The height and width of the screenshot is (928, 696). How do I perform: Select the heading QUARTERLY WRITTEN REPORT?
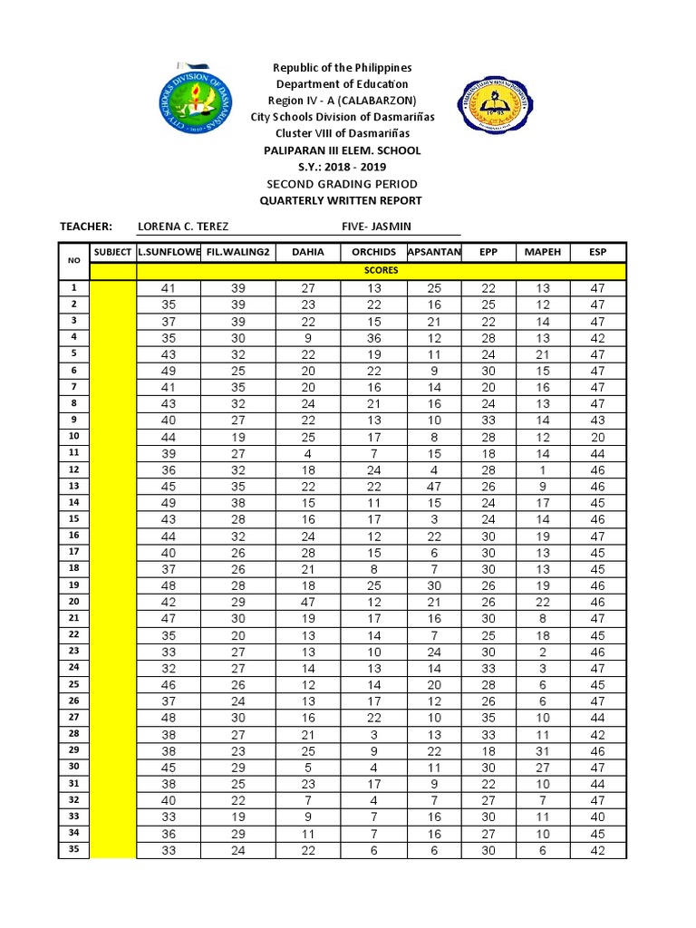coord(342,200)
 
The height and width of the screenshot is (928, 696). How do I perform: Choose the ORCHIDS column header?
coord(373,252)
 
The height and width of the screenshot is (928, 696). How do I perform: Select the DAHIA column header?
coord(307,252)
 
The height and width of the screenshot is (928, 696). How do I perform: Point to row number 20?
coord(73,601)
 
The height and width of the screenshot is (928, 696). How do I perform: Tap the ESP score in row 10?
coord(597,437)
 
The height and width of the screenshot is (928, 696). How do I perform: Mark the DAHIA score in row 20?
coord(307,602)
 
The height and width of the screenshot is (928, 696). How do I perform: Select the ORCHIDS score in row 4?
coord(373,338)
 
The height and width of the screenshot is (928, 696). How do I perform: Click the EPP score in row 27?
coord(488,718)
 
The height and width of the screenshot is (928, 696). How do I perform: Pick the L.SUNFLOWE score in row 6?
coord(168,371)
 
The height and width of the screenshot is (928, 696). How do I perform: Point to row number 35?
coord(73,849)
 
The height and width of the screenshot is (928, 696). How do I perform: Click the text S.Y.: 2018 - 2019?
coord(342,168)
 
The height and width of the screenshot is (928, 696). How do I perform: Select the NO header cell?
coord(73,260)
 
